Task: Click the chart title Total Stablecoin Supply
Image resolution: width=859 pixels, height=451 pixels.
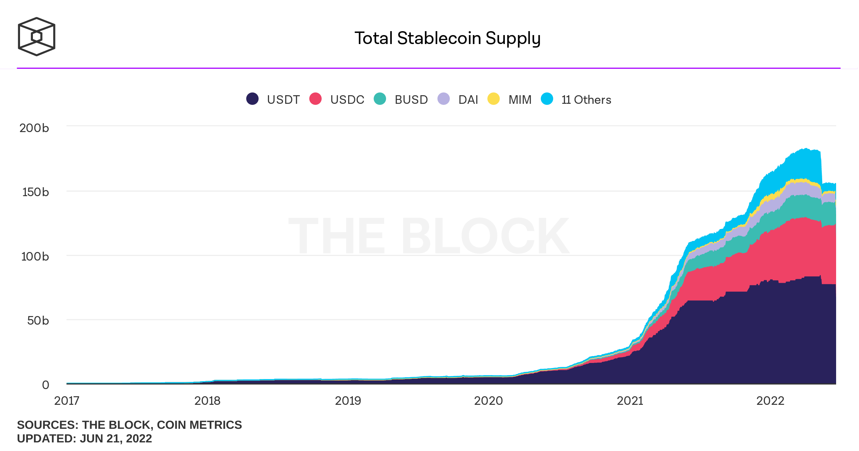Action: click(x=447, y=38)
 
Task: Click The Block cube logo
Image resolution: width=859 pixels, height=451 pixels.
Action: click(x=36, y=37)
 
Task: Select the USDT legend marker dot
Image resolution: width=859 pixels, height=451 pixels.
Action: click(x=252, y=99)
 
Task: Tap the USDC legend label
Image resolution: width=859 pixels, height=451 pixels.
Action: click(x=347, y=100)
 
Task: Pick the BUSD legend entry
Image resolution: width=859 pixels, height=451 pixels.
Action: click(x=411, y=100)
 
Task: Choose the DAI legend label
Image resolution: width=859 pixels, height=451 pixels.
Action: click(x=468, y=100)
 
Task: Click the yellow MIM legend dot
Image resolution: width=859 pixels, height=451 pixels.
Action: click(x=493, y=99)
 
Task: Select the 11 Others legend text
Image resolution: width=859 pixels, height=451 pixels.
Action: click(x=586, y=100)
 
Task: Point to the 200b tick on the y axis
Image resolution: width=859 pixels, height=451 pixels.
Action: click(x=34, y=128)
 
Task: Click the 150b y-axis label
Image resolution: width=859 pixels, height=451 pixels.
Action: click(x=35, y=192)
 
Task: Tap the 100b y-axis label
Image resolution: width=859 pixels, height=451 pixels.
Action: click(x=35, y=256)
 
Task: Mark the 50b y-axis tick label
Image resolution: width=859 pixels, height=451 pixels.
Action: click(x=38, y=320)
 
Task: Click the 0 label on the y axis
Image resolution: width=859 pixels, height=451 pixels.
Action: click(x=45, y=385)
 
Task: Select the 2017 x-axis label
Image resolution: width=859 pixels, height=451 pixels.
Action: click(x=67, y=401)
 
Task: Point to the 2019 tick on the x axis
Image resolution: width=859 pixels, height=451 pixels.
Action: click(x=348, y=401)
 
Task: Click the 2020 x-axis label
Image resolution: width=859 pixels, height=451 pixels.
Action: click(x=488, y=401)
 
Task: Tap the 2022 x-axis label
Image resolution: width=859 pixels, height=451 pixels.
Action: click(x=770, y=401)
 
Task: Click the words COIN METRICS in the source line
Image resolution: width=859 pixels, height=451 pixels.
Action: click(x=199, y=425)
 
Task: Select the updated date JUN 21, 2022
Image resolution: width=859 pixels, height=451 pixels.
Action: click(x=116, y=438)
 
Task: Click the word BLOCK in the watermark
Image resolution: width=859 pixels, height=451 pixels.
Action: click(x=485, y=236)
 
